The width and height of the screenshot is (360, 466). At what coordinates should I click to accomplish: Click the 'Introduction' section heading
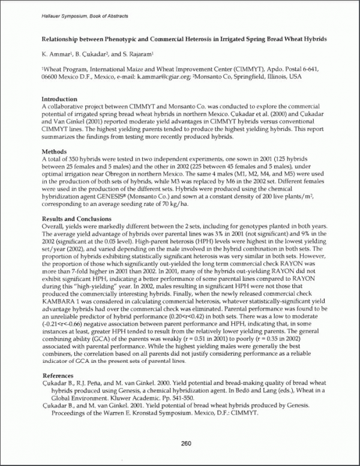59,99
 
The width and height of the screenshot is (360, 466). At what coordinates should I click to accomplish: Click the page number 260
185,444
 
